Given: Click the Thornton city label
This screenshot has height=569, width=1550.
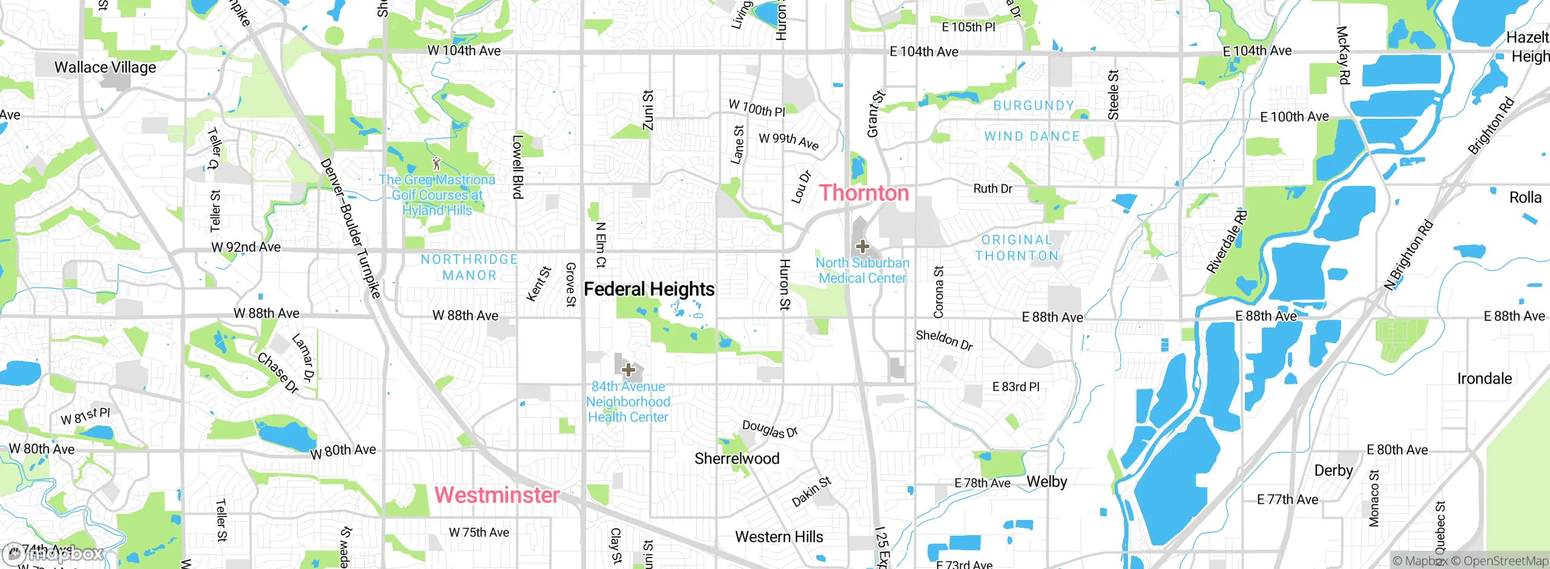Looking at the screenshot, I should click(x=864, y=193).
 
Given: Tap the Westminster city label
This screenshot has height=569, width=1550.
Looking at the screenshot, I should click(x=496, y=495).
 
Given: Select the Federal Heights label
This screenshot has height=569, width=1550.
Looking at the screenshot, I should click(x=649, y=289).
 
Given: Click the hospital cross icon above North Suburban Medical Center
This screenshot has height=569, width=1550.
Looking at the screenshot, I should click(x=863, y=246).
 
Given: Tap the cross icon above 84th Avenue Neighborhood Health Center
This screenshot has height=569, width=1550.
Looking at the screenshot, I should click(x=628, y=369).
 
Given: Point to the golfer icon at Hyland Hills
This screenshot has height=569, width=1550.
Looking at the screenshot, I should click(x=437, y=163).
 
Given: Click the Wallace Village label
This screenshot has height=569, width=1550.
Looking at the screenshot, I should click(x=105, y=67).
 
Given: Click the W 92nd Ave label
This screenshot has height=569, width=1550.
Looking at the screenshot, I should click(x=246, y=247).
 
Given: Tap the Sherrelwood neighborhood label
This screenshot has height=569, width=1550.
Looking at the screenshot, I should click(x=737, y=459).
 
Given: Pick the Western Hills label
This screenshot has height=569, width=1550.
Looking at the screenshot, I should click(x=779, y=537).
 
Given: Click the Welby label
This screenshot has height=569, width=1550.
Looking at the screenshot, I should click(x=1047, y=482).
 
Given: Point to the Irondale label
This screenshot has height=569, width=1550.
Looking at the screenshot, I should click(x=1484, y=379).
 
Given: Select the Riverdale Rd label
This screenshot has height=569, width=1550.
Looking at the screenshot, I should click(x=1227, y=242).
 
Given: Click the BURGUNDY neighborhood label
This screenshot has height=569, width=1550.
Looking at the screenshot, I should click(x=1034, y=106).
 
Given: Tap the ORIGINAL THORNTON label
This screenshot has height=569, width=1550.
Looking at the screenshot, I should click(x=1017, y=248).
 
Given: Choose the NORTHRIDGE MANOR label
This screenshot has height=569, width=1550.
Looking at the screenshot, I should click(x=469, y=268).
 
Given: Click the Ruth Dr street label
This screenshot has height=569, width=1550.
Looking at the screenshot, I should click(x=992, y=189).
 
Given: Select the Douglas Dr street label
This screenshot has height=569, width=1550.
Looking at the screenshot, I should click(x=770, y=429).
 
